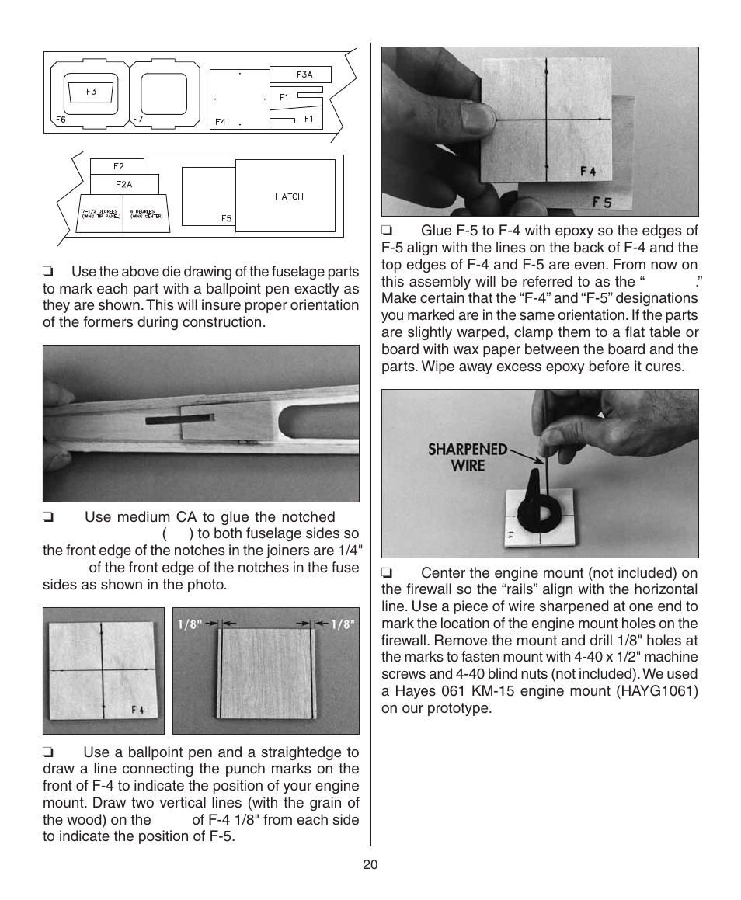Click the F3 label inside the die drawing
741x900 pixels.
click(91, 92)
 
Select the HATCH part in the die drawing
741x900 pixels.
click(289, 196)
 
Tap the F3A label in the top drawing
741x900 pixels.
click(304, 75)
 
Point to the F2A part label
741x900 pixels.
click(124, 185)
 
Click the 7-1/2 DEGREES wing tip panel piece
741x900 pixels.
click(100, 214)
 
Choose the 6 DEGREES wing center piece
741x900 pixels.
click(146, 214)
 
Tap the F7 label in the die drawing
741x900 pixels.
click(137, 120)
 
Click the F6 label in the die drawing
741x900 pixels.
click(61, 120)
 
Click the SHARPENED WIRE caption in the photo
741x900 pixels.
click(468, 457)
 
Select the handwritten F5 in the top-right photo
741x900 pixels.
click(602, 203)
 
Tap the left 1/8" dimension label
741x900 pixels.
click(190, 624)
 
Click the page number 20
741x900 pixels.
click(370, 866)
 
